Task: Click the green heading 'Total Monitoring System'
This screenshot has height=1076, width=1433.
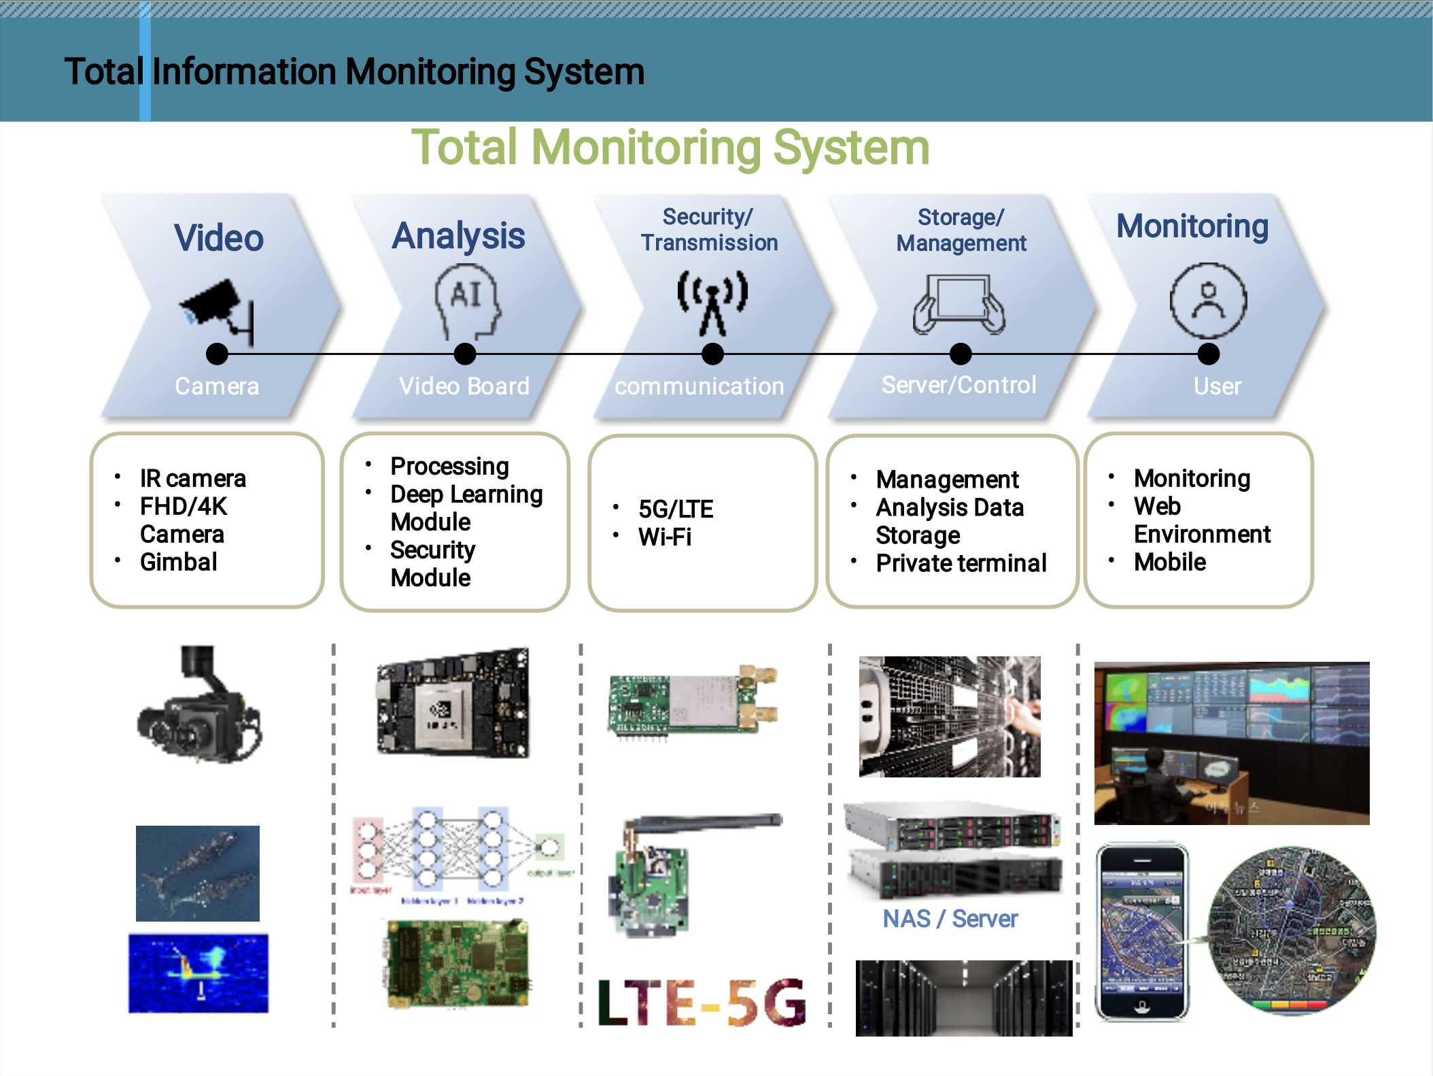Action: (x=670, y=148)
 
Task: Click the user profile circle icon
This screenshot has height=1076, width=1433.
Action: (x=1208, y=301)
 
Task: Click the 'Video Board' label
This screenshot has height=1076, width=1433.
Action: (x=464, y=386)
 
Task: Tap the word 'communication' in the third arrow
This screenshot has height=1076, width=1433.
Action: (x=700, y=386)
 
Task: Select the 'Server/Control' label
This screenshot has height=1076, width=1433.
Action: (x=959, y=385)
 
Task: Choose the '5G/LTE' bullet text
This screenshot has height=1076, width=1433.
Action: (x=676, y=509)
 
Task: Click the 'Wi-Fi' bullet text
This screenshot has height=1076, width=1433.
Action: (x=665, y=537)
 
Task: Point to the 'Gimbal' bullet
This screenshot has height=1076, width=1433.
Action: (x=178, y=562)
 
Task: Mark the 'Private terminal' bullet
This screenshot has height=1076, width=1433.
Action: (x=961, y=563)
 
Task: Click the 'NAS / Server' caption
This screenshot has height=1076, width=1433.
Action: (x=950, y=919)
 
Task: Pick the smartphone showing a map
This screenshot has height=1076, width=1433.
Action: (x=1142, y=932)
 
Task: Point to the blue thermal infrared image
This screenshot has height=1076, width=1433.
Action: (x=198, y=973)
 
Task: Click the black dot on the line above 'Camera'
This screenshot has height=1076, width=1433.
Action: (x=217, y=354)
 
